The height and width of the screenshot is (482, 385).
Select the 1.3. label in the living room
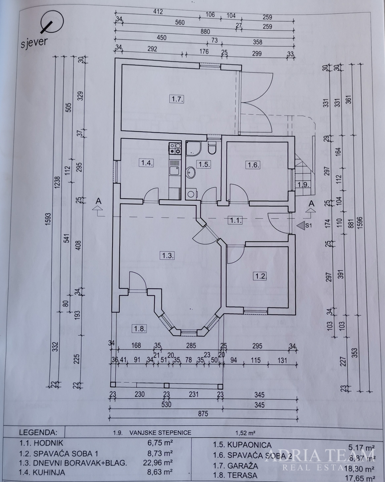(167, 256)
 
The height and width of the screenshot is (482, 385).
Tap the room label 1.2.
(260, 276)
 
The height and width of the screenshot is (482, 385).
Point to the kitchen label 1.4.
(147, 163)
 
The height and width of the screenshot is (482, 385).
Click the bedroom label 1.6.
(253, 165)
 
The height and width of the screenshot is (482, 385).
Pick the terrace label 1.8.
(140, 329)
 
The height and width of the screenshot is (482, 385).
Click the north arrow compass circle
(52, 22)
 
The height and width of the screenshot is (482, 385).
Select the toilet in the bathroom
(212, 147)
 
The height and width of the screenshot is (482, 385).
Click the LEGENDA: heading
(38, 432)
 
